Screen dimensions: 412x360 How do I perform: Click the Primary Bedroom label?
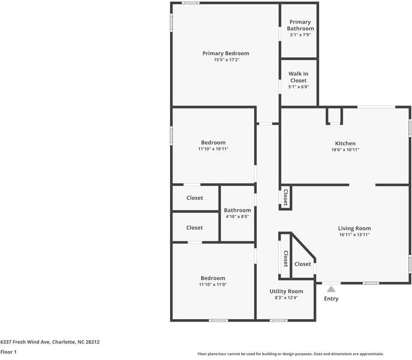(x=226, y=53)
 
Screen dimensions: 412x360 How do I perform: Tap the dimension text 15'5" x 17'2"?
(x=227, y=60)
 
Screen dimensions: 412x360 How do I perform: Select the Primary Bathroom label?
(x=300, y=25)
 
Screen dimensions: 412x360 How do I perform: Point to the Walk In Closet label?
(x=298, y=77)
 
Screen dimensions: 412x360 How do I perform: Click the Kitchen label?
(x=345, y=143)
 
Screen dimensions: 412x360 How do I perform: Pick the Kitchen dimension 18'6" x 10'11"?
(x=345, y=149)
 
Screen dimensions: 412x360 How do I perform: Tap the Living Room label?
(x=354, y=229)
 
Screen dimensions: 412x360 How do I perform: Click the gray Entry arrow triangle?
(x=332, y=289)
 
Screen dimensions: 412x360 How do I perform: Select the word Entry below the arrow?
(x=331, y=299)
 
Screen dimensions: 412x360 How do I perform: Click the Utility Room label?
(x=286, y=291)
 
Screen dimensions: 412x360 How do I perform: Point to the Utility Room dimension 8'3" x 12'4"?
(x=286, y=298)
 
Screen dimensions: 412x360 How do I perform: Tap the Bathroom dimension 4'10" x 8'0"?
(x=238, y=217)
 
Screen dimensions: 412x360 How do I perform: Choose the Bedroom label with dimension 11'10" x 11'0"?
(x=213, y=278)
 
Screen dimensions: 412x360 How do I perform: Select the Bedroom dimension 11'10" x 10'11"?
(x=213, y=149)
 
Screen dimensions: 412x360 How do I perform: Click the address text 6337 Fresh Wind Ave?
(x=25, y=342)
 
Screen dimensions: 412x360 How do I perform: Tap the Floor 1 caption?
(x=8, y=352)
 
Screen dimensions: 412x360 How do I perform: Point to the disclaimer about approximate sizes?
(x=291, y=354)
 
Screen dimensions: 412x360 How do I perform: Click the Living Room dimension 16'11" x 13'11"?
(x=354, y=235)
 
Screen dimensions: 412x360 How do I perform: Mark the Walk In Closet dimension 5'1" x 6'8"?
(x=298, y=87)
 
